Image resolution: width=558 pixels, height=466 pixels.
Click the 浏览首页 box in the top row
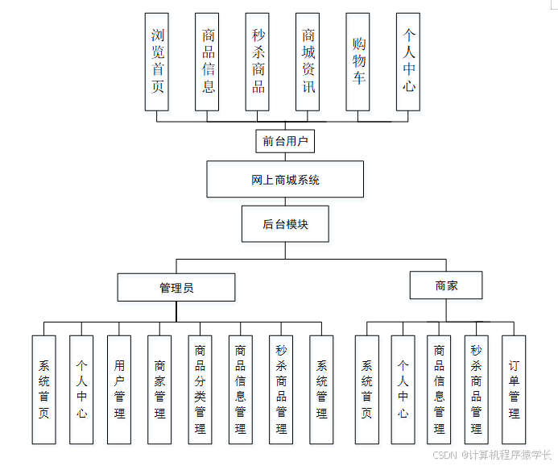click(157, 61)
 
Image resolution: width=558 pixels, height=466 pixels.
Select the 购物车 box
click(358, 61)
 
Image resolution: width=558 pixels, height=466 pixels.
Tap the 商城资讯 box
click(308, 61)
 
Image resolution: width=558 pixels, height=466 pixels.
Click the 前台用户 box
click(284, 142)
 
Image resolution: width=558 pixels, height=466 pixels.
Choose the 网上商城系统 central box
click(284, 179)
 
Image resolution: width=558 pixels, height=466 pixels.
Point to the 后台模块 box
click(285, 224)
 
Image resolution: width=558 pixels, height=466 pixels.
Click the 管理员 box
click(176, 287)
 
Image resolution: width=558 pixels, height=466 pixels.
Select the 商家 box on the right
click(446, 285)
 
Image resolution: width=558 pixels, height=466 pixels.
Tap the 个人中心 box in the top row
click(409, 61)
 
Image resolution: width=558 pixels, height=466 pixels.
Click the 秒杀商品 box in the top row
click(258, 61)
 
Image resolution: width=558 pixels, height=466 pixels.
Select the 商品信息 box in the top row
click(208, 61)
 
